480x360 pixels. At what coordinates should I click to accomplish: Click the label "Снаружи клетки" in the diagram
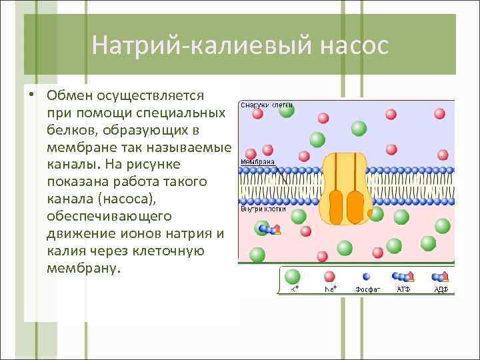click(266, 105)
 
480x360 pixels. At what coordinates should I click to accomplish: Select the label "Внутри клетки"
click(263, 209)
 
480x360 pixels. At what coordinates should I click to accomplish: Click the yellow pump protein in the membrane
click(345, 187)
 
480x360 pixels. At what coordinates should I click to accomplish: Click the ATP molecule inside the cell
click(269, 229)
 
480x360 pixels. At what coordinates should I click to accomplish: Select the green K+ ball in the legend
click(293, 276)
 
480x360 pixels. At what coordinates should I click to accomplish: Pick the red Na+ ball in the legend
click(329, 276)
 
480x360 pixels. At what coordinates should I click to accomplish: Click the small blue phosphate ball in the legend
click(366, 277)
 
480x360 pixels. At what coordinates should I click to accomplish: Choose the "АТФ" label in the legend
click(403, 289)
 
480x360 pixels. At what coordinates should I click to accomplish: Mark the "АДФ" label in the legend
click(441, 289)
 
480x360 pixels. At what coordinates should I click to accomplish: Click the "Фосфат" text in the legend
click(367, 289)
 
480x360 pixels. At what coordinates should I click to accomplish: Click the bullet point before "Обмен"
click(31, 94)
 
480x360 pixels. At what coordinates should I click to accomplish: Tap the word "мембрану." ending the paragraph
click(85, 268)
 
